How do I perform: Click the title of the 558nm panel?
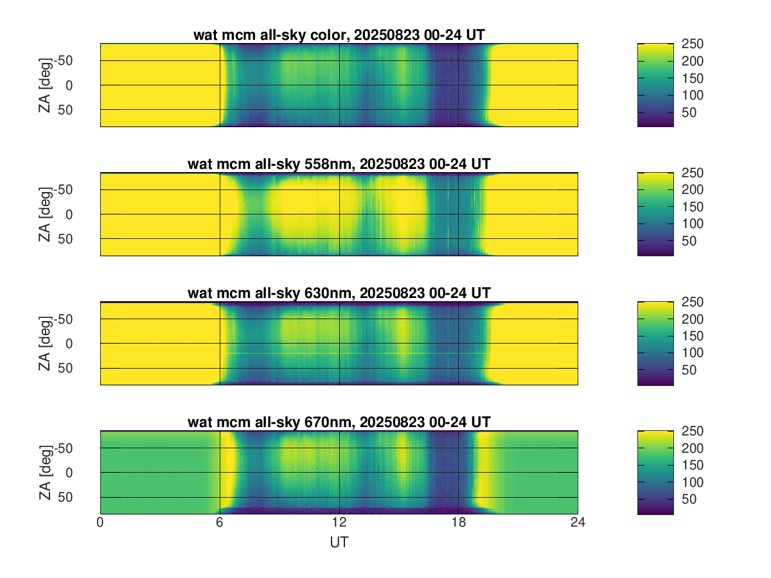[x=339, y=164]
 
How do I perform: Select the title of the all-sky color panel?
[x=339, y=35]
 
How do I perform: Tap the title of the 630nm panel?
[x=339, y=293]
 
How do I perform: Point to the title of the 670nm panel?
[x=339, y=422]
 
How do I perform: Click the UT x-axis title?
[x=339, y=542]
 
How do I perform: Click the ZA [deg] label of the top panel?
[x=44, y=85]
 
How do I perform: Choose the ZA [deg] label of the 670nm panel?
[x=44, y=472]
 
